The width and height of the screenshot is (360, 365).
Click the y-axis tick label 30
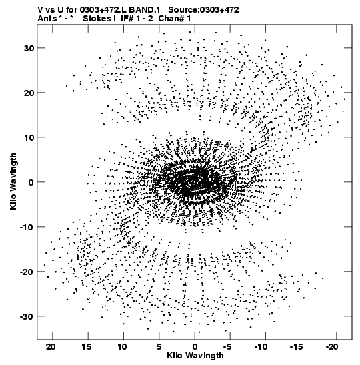click(29, 48)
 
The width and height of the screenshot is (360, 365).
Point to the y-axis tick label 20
click(29, 93)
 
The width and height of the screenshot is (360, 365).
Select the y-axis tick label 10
click(29, 137)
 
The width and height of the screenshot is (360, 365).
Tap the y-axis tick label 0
click(31, 182)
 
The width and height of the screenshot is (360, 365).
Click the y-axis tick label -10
click(27, 227)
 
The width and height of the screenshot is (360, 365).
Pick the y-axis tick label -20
click(27, 272)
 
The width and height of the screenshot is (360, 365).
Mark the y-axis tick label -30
click(27, 316)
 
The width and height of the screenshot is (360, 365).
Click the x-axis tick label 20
click(51, 347)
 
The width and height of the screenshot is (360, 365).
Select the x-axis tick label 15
click(86, 347)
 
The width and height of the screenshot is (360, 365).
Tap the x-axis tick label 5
click(159, 347)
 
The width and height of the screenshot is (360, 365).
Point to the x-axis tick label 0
click(195, 347)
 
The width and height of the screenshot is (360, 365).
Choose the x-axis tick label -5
click(229, 347)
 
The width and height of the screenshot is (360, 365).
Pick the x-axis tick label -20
click(332, 347)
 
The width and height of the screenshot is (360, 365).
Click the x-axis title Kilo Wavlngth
click(195, 356)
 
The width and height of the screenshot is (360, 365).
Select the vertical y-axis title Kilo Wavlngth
click(13, 181)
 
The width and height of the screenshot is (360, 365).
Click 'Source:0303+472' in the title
click(203, 10)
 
